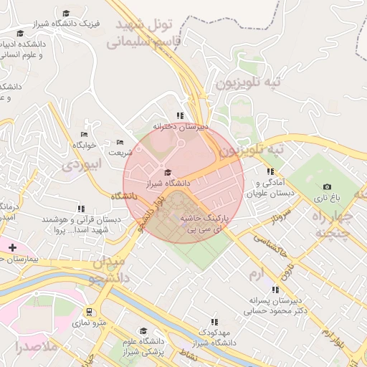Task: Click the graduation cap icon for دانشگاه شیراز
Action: point(168,172)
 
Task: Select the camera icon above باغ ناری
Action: point(328,186)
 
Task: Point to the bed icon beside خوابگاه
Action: point(84,134)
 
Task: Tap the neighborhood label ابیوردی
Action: point(83,164)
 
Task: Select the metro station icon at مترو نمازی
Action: point(89,312)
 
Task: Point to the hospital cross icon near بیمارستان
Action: point(11,247)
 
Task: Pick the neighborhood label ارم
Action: point(257,275)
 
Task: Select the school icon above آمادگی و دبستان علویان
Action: point(270,171)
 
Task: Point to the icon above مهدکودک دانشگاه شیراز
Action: point(214,323)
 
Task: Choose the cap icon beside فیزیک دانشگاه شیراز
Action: point(66,14)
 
